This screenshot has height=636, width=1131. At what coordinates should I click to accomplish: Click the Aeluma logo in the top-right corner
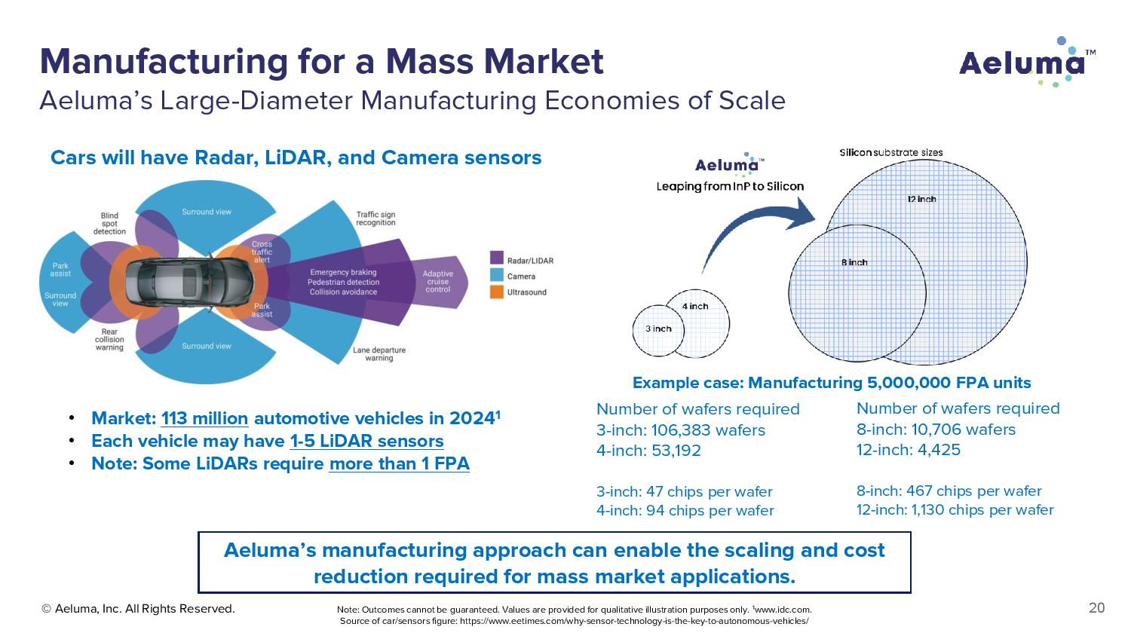1026,62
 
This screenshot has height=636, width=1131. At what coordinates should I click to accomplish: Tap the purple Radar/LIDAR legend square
496,260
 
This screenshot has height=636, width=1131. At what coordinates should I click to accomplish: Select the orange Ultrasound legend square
496,292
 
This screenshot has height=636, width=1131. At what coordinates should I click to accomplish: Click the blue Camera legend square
496,276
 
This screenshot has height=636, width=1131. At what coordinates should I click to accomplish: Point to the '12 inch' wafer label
921,199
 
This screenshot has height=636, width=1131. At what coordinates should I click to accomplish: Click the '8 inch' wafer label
854,262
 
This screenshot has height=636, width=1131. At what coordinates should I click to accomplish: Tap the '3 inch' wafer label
657,329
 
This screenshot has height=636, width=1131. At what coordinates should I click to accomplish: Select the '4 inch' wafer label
694,306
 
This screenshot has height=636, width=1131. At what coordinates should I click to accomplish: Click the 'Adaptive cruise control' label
437,282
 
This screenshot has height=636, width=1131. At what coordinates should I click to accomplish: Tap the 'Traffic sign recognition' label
375,219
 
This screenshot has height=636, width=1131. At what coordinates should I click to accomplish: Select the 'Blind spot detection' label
109,223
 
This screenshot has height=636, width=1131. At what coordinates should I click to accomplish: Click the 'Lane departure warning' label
379,354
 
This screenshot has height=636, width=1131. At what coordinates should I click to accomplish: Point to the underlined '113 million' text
204,419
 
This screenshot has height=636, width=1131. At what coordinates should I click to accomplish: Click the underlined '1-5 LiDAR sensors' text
366,442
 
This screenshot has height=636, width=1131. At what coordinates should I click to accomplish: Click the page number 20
1096,608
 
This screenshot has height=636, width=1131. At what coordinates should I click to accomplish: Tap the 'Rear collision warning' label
109,340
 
